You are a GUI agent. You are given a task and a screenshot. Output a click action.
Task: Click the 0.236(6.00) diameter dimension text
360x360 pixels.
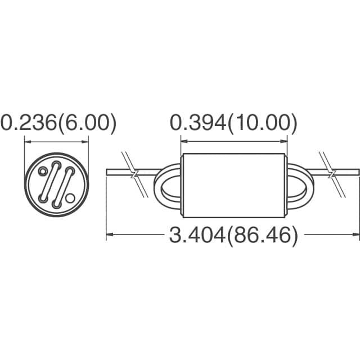(58, 123)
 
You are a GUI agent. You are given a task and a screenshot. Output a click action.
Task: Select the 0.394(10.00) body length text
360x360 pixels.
(233, 122)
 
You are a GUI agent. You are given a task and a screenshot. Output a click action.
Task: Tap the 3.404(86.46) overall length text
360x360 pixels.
(233, 236)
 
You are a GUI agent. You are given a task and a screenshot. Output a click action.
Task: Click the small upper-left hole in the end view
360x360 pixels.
(43, 172)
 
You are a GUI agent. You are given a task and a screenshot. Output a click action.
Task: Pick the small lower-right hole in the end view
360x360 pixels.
(70, 197)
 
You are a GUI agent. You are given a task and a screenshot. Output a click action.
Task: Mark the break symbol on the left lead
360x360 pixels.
(133, 173)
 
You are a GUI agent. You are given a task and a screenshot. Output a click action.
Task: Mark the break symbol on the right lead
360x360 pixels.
(332, 173)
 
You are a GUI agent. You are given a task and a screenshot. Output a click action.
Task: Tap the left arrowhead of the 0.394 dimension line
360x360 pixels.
(183, 141)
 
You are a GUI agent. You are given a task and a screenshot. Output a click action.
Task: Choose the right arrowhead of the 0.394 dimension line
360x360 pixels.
(284, 141)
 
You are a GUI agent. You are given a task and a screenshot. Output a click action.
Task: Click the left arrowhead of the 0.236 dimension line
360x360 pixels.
(27, 141)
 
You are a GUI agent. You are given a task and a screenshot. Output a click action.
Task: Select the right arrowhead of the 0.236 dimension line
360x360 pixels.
(85, 141)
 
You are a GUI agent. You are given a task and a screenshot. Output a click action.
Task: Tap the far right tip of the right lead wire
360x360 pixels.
(358, 170)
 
